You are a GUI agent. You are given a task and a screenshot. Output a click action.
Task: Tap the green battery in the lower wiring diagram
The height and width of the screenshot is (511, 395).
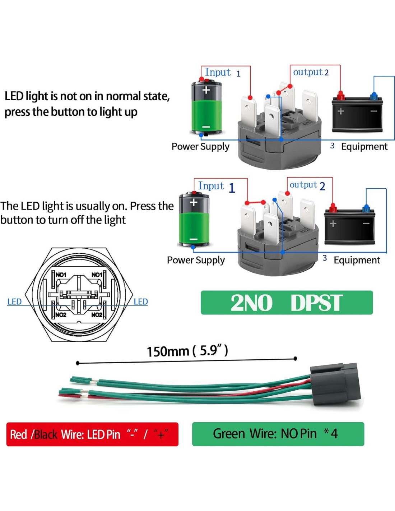194,220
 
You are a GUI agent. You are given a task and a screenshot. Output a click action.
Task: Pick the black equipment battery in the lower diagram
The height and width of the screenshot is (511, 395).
349,227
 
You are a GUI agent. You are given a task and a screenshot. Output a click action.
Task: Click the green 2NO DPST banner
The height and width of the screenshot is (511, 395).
287,303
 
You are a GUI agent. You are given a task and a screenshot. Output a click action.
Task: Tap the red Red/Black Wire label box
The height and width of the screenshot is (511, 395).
92,434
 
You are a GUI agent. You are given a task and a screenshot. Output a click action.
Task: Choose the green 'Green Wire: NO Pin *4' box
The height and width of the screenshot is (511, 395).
278,434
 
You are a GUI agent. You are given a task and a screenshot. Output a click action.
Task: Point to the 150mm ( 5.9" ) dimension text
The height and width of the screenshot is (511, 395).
187,350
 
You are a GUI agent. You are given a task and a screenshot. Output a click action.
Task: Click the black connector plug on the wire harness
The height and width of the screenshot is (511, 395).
335,384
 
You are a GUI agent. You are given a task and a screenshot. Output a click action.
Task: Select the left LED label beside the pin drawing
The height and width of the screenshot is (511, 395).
14,301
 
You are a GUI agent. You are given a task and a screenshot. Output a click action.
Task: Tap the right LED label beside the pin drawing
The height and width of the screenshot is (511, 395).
140,301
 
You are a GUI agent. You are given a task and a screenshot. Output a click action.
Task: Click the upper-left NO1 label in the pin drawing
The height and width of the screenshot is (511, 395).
61,275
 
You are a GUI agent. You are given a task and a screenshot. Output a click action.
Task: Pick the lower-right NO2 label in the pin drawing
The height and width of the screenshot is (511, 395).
97,315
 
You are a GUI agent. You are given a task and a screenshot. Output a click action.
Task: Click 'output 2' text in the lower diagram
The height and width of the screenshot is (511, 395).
307,185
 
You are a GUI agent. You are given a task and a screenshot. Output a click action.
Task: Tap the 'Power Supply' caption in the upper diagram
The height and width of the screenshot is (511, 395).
200,147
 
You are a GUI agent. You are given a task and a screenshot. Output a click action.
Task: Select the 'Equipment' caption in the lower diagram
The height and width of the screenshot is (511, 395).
357,260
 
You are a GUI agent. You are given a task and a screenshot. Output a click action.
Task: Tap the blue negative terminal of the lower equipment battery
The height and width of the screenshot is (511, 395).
366,208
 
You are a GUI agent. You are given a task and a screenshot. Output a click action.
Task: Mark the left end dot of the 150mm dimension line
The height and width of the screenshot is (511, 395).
78,363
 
